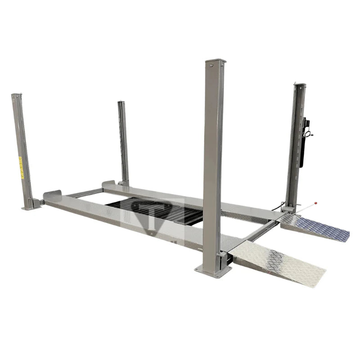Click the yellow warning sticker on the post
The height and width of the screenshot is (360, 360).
click(21, 167)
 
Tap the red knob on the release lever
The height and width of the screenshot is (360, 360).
click(315, 203)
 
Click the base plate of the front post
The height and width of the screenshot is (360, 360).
click(213, 270)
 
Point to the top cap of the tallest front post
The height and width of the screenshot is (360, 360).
click(215, 62)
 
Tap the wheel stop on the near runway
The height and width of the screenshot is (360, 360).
click(52, 196)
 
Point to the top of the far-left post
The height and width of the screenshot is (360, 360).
click(16, 95)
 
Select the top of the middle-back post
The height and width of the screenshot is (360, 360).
click(121, 103)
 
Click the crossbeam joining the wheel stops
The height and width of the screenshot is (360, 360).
click(85, 193)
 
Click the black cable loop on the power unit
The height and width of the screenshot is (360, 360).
click(309, 133)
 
